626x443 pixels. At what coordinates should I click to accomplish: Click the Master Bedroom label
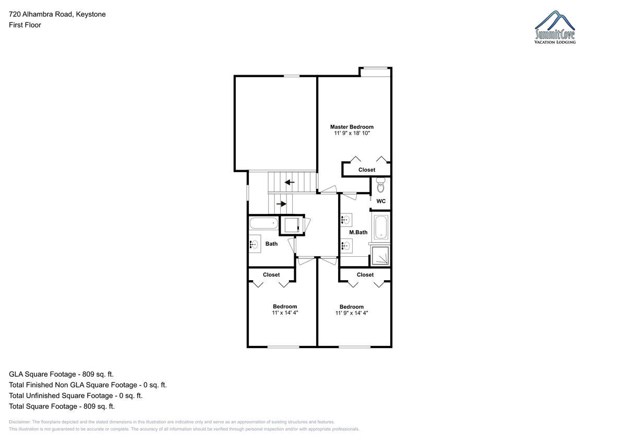click(x=352, y=127)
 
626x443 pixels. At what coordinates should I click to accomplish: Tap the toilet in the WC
click(x=381, y=185)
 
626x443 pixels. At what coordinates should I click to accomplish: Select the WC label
click(x=381, y=201)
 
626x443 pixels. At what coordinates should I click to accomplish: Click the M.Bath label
click(x=358, y=232)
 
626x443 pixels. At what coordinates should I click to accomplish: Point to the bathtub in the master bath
click(x=381, y=227)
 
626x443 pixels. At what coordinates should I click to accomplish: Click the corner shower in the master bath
click(x=380, y=256)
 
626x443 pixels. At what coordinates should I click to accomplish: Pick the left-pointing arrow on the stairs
click(x=290, y=183)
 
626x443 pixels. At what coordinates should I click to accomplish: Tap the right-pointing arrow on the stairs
click(x=281, y=203)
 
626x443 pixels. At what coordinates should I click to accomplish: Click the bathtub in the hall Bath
click(x=263, y=223)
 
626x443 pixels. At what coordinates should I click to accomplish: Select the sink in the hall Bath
click(x=255, y=244)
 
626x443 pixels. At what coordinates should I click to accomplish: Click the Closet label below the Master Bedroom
click(x=367, y=170)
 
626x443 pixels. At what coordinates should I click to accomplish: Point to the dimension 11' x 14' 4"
click(x=285, y=313)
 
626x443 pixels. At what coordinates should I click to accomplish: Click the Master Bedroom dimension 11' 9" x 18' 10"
click(x=352, y=134)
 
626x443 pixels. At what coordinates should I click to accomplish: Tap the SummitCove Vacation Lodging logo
click(x=555, y=27)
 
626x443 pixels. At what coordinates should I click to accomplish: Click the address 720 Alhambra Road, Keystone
click(x=57, y=14)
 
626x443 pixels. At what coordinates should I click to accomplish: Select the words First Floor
click(x=25, y=25)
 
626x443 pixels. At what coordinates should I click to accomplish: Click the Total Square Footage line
click(x=62, y=406)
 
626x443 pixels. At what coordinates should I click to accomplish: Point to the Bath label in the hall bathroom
click(x=271, y=244)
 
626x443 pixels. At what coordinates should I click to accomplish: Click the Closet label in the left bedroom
click(x=271, y=275)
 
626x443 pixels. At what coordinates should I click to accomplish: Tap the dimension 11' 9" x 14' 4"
click(x=352, y=313)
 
